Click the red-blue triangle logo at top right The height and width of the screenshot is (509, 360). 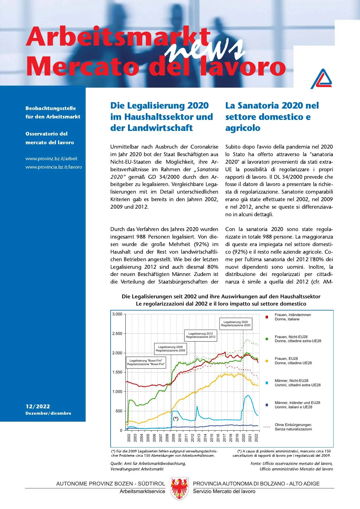(x=321, y=79)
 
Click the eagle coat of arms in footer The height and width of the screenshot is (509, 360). (x=179, y=489)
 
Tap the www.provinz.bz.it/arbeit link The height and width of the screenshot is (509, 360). (x=51, y=158)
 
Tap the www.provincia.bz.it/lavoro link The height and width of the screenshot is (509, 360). (x=54, y=167)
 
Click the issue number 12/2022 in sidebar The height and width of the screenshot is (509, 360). (x=38, y=406)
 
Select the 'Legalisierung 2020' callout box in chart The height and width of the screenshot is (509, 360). (x=235, y=324)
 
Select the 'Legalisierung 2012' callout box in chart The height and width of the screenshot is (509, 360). (x=201, y=335)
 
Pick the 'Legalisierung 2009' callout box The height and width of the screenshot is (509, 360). (x=170, y=349)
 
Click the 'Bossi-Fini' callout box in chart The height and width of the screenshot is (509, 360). (x=146, y=362)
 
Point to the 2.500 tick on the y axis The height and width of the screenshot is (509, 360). (x=117, y=333)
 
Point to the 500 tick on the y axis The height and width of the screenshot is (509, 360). (x=119, y=411)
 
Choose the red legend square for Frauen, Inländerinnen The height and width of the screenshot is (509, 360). (x=267, y=317)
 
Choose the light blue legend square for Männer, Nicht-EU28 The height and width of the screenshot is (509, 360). (x=267, y=383)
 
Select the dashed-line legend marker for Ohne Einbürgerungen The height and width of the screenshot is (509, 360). (x=267, y=427)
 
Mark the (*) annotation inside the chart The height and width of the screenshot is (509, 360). (x=176, y=418)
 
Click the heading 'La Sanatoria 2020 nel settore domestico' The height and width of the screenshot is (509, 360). (x=272, y=116)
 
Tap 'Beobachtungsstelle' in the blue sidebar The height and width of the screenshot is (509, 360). (x=51, y=108)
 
